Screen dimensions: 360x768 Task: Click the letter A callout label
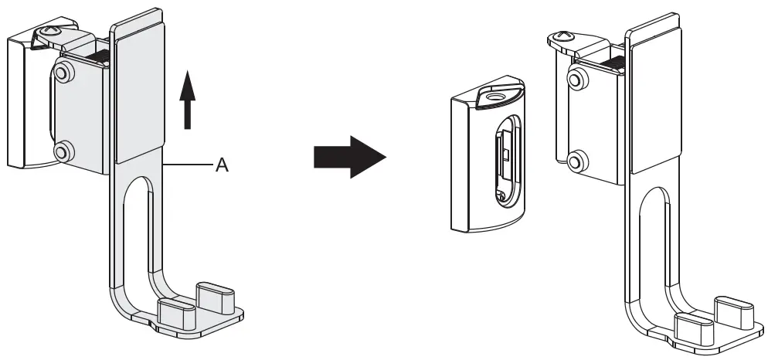(x=221, y=165)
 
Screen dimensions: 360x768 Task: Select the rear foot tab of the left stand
(x=212, y=294)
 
